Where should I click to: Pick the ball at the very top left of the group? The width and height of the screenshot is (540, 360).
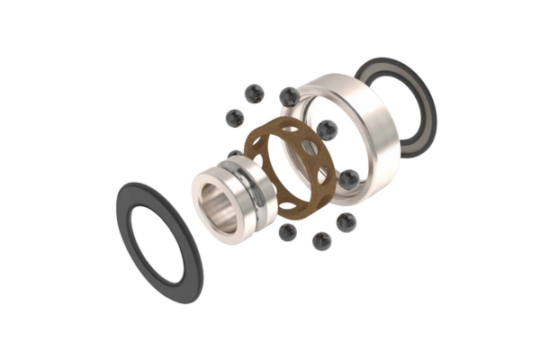click(255, 94)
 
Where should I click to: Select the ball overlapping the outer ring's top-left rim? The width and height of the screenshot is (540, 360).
click(289, 96)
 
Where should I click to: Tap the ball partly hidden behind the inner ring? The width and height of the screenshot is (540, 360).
click(236, 155)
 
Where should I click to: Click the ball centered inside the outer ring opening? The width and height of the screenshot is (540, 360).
click(327, 130)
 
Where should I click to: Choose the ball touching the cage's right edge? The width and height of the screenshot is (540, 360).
click(348, 178)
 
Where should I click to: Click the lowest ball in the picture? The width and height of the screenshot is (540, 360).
click(321, 240)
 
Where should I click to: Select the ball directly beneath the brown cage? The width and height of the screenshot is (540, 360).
click(288, 232)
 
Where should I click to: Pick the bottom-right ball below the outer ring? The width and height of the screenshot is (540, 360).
click(346, 221)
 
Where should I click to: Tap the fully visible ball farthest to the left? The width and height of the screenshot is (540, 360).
click(235, 118)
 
